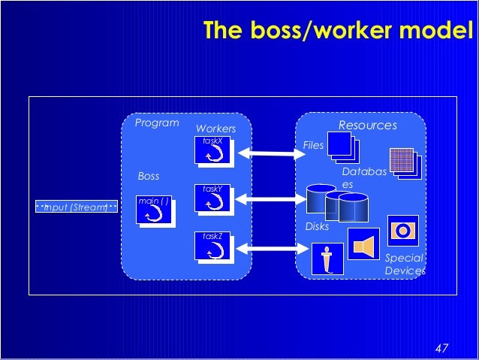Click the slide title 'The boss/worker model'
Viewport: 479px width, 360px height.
coord(339,31)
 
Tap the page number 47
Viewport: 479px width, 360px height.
coord(441,348)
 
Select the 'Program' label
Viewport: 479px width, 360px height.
coord(156,123)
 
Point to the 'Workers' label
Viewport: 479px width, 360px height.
coord(215,129)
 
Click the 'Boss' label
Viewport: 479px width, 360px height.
coord(149,176)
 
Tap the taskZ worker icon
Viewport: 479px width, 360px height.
coord(215,248)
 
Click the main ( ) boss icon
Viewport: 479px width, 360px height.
coord(155,211)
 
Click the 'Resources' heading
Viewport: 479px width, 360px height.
coord(367,126)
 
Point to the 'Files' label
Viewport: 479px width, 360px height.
coord(312,145)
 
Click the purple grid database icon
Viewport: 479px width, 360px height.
coord(404,162)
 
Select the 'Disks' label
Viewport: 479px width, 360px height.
coord(317,226)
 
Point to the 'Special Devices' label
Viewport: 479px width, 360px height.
coord(402,264)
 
